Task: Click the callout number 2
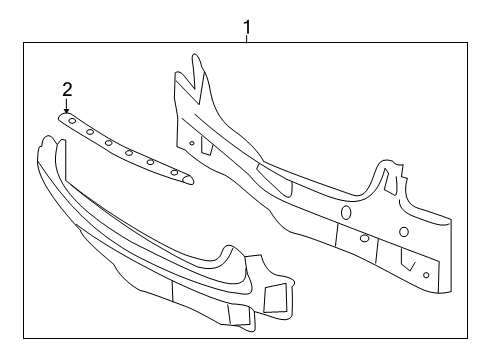point(67,89)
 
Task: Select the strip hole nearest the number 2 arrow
point(72,120)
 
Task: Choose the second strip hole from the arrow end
point(90,131)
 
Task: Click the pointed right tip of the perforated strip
point(193,181)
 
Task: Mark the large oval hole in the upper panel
point(346,212)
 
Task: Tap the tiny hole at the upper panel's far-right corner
point(426,274)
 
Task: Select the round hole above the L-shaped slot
point(404,233)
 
